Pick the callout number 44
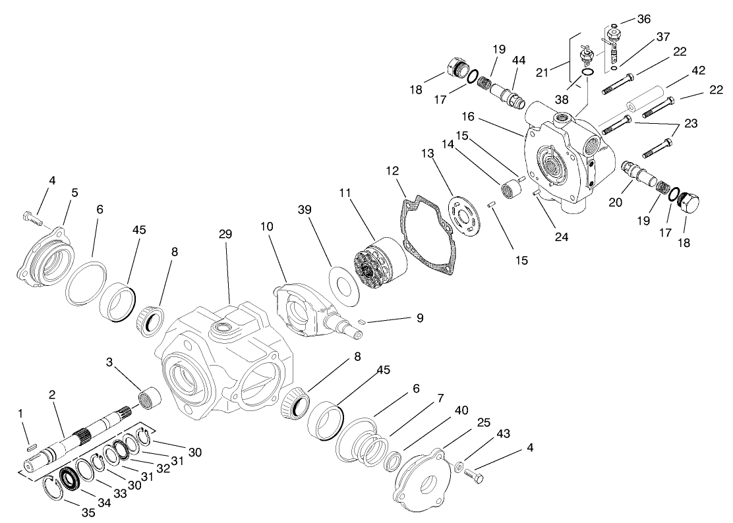pos(518,60)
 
